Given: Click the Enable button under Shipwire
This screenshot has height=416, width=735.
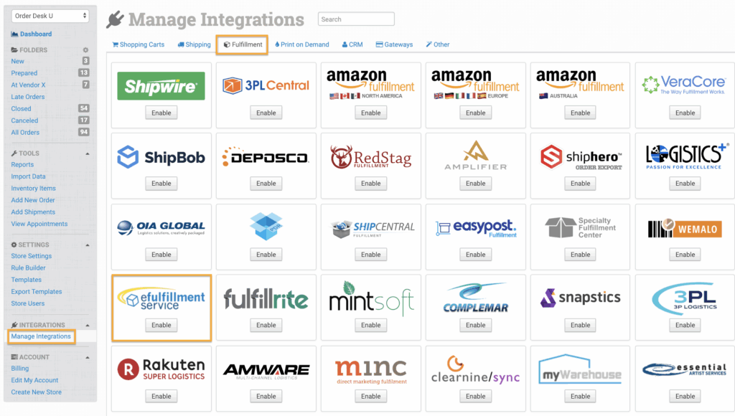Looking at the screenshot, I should tap(161, 113).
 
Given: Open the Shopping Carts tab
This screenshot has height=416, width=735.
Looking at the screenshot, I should tap(139, 44).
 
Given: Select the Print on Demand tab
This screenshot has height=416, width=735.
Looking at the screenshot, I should tap(301, 44).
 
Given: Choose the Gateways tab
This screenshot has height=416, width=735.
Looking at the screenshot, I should tap(394, 44).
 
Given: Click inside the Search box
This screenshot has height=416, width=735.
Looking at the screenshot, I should tap(356, 19).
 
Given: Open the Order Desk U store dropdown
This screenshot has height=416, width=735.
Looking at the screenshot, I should tap(50, 16).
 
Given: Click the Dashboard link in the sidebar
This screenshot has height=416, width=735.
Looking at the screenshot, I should tap(35, 34).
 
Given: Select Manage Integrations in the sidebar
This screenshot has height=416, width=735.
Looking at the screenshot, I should tap(41, 336).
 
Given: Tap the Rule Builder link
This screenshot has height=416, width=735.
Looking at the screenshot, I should tap(29, 268).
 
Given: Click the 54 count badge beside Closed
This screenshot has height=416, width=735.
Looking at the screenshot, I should tap(83, 108).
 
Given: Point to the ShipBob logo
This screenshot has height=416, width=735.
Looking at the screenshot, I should tap(161, 157).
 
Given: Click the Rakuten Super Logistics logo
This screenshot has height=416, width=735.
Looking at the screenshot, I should tap(161, 369).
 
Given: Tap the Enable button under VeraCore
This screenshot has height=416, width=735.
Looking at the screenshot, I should tap(685, 113).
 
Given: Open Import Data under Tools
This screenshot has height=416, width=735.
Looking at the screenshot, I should tap(29, 176).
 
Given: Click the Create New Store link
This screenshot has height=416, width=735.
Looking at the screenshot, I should tap(37, 392).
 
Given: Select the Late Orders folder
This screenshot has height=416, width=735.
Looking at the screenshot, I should tap(28, 97).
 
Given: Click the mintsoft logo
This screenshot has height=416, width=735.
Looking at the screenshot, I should tap(371, 298).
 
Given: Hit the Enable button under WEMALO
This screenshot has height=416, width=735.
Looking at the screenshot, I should tap(685, 255).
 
